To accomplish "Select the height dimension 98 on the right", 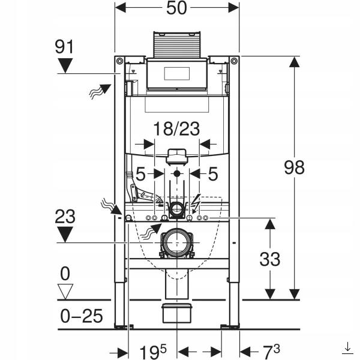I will coord(294,167).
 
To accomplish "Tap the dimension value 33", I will coord(270,259).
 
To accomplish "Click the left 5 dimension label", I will coord(141,174).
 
